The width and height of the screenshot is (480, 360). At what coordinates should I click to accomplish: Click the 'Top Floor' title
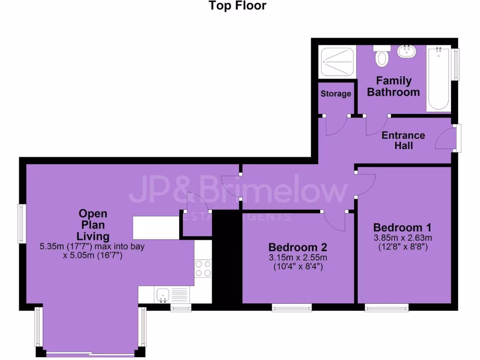(237, 6)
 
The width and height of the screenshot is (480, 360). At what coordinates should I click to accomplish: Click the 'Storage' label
(336, 94)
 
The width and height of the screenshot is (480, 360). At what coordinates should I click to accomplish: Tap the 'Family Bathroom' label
(393, 86)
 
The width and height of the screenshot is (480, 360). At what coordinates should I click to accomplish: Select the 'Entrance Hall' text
(403, 140)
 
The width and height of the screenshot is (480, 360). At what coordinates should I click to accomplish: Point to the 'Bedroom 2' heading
(297, 247)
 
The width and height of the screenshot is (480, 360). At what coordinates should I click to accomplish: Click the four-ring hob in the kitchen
(203, 268)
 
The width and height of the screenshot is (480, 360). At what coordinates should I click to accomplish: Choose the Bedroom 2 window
(292, 307)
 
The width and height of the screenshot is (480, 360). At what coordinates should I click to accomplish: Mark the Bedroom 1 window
(387, 307)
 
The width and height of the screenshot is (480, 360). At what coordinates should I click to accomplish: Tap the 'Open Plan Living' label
(93, 225)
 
